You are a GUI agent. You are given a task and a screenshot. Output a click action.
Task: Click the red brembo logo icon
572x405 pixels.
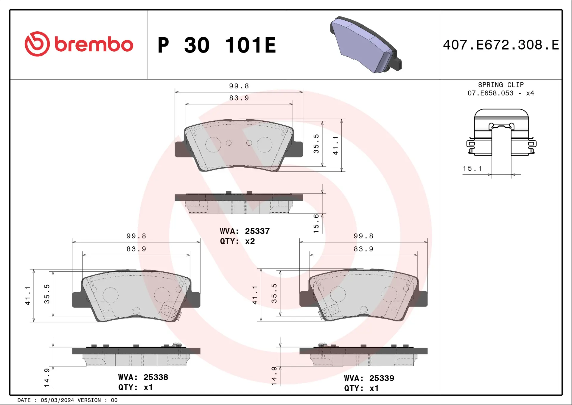pyautogui.click(x=37, y=44)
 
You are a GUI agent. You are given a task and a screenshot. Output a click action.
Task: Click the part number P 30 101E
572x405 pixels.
pyautogui.click(x=217, y=45)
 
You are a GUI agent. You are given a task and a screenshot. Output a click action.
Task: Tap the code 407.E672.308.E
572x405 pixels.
pyautogui.click(x=501, y=45)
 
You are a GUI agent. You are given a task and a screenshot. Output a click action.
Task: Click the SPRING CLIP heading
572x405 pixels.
pyautogui.click(x=501, y=85)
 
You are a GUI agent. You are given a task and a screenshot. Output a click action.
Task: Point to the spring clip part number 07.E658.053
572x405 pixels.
pyautogui.click(x=490, y=93)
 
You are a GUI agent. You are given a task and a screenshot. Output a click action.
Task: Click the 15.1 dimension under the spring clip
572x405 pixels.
pyautogui.click(x=472, y=169)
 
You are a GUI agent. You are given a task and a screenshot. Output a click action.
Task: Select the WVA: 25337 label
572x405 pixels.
pyautogui.click(x=245, y=231)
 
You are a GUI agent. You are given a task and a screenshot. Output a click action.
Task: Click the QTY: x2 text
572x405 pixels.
pyautogui.click(x=237, y=241)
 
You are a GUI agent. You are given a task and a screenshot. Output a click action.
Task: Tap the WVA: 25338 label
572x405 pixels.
pyautogui.click(x=143, y=377)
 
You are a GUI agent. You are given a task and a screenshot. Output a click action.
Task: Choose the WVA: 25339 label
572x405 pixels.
pyautogui.click(x=369, y=378)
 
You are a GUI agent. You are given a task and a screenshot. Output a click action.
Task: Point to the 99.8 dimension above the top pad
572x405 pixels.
pyautogui.click(x=239, y=86)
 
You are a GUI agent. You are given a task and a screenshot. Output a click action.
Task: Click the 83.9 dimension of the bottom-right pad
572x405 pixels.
pyautogui.click(x=363, y=249)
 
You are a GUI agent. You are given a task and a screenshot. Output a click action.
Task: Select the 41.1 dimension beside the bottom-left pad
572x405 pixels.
pyautogui.click(x=27, y=296)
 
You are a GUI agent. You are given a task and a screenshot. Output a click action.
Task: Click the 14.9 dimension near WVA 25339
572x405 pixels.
pyautogui.click(x=274, y=376)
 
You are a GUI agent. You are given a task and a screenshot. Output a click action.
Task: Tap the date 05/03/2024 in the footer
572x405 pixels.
pyautogui.click(x=57, y=400)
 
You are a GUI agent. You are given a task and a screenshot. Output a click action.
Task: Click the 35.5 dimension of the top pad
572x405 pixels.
pyautogui.click(x=316, y=144)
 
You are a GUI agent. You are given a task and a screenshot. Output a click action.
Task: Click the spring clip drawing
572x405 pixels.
pyautogui.click(x=501, y=133)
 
